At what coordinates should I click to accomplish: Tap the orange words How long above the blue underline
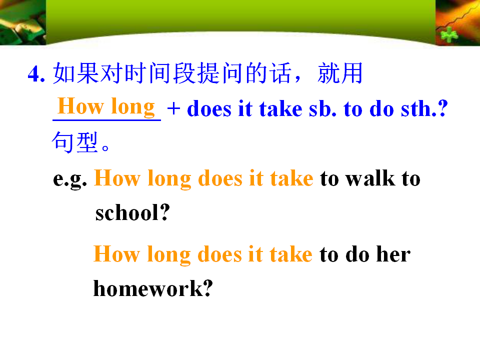coord(106,106)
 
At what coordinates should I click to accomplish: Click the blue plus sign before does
coord(173,108)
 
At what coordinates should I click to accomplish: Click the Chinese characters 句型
coord(74,142)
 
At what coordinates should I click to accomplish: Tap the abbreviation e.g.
coord(70,179)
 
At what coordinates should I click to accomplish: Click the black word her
coord(393,254)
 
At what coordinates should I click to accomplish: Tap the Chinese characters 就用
coord(340,73)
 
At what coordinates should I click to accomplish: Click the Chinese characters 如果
coord(76,73)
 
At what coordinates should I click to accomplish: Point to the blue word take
coord(280,108)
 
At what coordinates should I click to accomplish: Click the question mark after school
coord(165,212)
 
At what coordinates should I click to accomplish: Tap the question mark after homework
coord(208,288)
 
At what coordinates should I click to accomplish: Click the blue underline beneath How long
coord(106,120)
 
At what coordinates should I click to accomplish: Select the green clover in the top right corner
coord(449,35)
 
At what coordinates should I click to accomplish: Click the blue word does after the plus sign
coord(209,108)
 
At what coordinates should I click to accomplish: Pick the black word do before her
coord(357,254)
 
